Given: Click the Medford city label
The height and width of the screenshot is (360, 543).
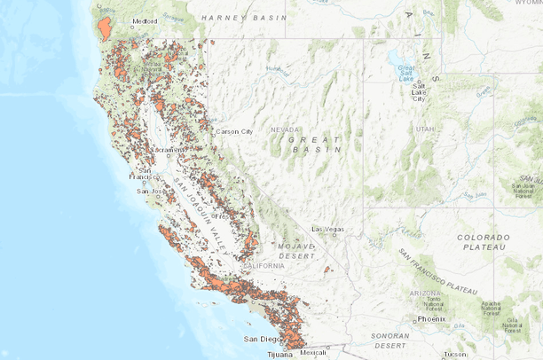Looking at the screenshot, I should pyautogui.click(x=145, y=20).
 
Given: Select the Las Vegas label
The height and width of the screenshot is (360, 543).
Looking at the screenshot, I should pyautogui.click(x=328, y=229).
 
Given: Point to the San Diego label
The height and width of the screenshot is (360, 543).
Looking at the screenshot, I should pyautogui.click(x=262, y=339).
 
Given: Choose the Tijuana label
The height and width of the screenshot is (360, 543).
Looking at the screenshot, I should pyautogui.click(x=279, y=354).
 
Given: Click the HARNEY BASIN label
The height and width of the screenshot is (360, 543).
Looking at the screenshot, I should pyautogui.click(x=244, y=17).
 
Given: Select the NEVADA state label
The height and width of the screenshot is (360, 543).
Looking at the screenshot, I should pyautogui.click(x=286, y=129).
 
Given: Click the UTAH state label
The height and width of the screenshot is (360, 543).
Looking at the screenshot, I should pyautogui.click(x=425, y=129).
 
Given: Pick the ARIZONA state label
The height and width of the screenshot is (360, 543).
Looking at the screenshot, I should pyautogui.click(x=426, y=293).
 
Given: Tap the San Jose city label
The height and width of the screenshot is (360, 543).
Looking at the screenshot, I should pyautogui.click(x=148, y=191).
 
